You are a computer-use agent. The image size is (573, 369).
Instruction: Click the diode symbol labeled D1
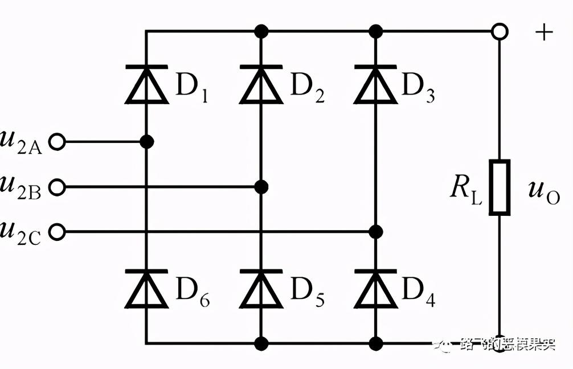pyautogui.click(x=146, y=84)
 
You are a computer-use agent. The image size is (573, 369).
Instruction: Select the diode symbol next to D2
pyautogui.click(x=261, y=84)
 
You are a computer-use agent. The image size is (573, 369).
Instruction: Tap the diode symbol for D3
pyautogui.click(x=375, y=84)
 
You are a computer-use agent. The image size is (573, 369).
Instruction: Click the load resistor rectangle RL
pyautogui.click(x=500, y=187)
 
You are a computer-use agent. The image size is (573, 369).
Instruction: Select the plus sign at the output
pyautogui.click(x=544, y=32)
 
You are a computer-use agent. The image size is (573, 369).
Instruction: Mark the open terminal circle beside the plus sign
pyautogui.click(x=500, y=31)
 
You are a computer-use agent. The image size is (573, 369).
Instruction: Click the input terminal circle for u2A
pyautogui.click(x=57, y=142)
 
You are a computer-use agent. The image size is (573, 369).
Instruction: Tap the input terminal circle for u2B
pyautogui.click(x=57, y=187)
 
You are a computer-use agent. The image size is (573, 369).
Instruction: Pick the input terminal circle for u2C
pyautogui.click(x=57, y=232)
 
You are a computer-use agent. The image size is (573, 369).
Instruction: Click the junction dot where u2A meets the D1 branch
pyautogui.click(x=146, y=142)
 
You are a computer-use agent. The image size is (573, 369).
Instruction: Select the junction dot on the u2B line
pyautogui.click(x=261, y=187)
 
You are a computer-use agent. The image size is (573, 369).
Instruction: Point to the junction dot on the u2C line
pyautogui.click(x=375, y=232)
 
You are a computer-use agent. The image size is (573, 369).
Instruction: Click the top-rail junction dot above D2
pyautogui.click(x=261, y=31)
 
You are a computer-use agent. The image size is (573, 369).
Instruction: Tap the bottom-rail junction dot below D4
pyautogui.click(x=375, y=343)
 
